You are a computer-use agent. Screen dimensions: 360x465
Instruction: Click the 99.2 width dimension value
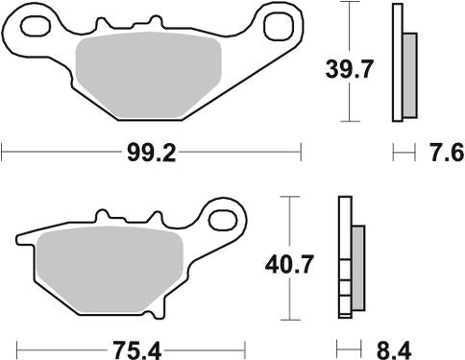point(151,153)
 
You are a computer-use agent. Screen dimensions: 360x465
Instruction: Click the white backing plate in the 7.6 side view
point(397,63)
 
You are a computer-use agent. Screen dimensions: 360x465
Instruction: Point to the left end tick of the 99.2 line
point(3,152)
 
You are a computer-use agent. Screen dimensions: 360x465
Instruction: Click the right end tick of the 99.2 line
point(302,152)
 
